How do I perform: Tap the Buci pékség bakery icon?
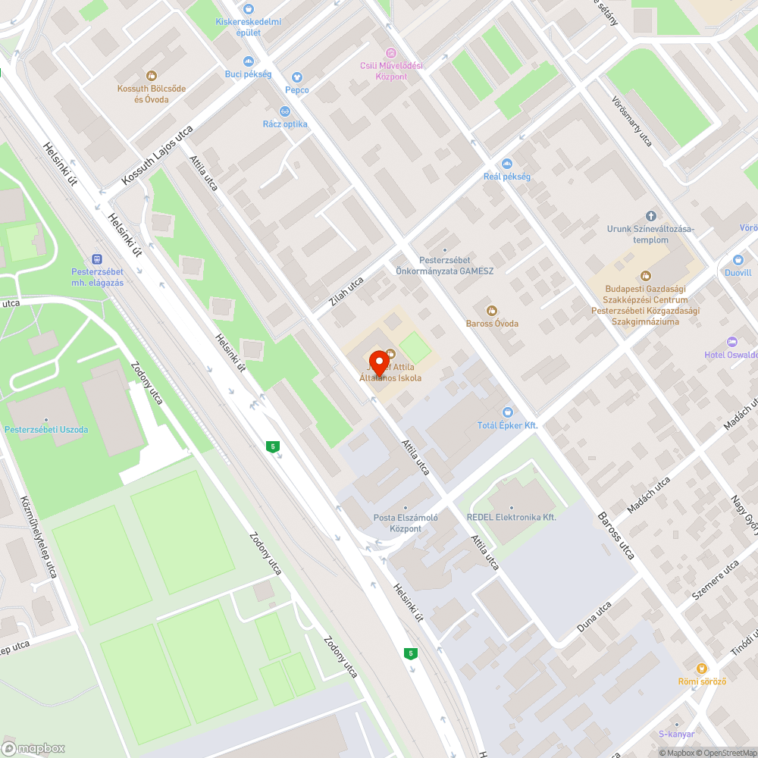[x=248, y=61]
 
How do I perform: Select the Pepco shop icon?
[x=296, y=77]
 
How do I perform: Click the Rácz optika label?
[x=285, y=124]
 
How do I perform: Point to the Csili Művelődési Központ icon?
[x=391, y=52]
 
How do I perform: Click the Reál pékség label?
[x=507, y=177]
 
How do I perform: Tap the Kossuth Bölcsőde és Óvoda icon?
[x=152, y=75]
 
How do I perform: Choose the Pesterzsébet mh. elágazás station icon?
[x=97, y=258]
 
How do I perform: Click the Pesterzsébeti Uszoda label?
[x=46, y=430]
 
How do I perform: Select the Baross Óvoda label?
[x=492, y=324]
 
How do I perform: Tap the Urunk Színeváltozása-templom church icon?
[x=650, y=216]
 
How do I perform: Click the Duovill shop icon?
[x=738, y=259]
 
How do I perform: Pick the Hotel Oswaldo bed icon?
[x=731, y=342]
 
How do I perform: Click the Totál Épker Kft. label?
[x=507, y=425]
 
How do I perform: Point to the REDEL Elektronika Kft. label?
[x=512, y=517]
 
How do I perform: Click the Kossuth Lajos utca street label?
[x=158, y=155]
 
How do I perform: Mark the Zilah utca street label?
[x=346, y=291]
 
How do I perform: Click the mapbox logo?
[x=35, y=748]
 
